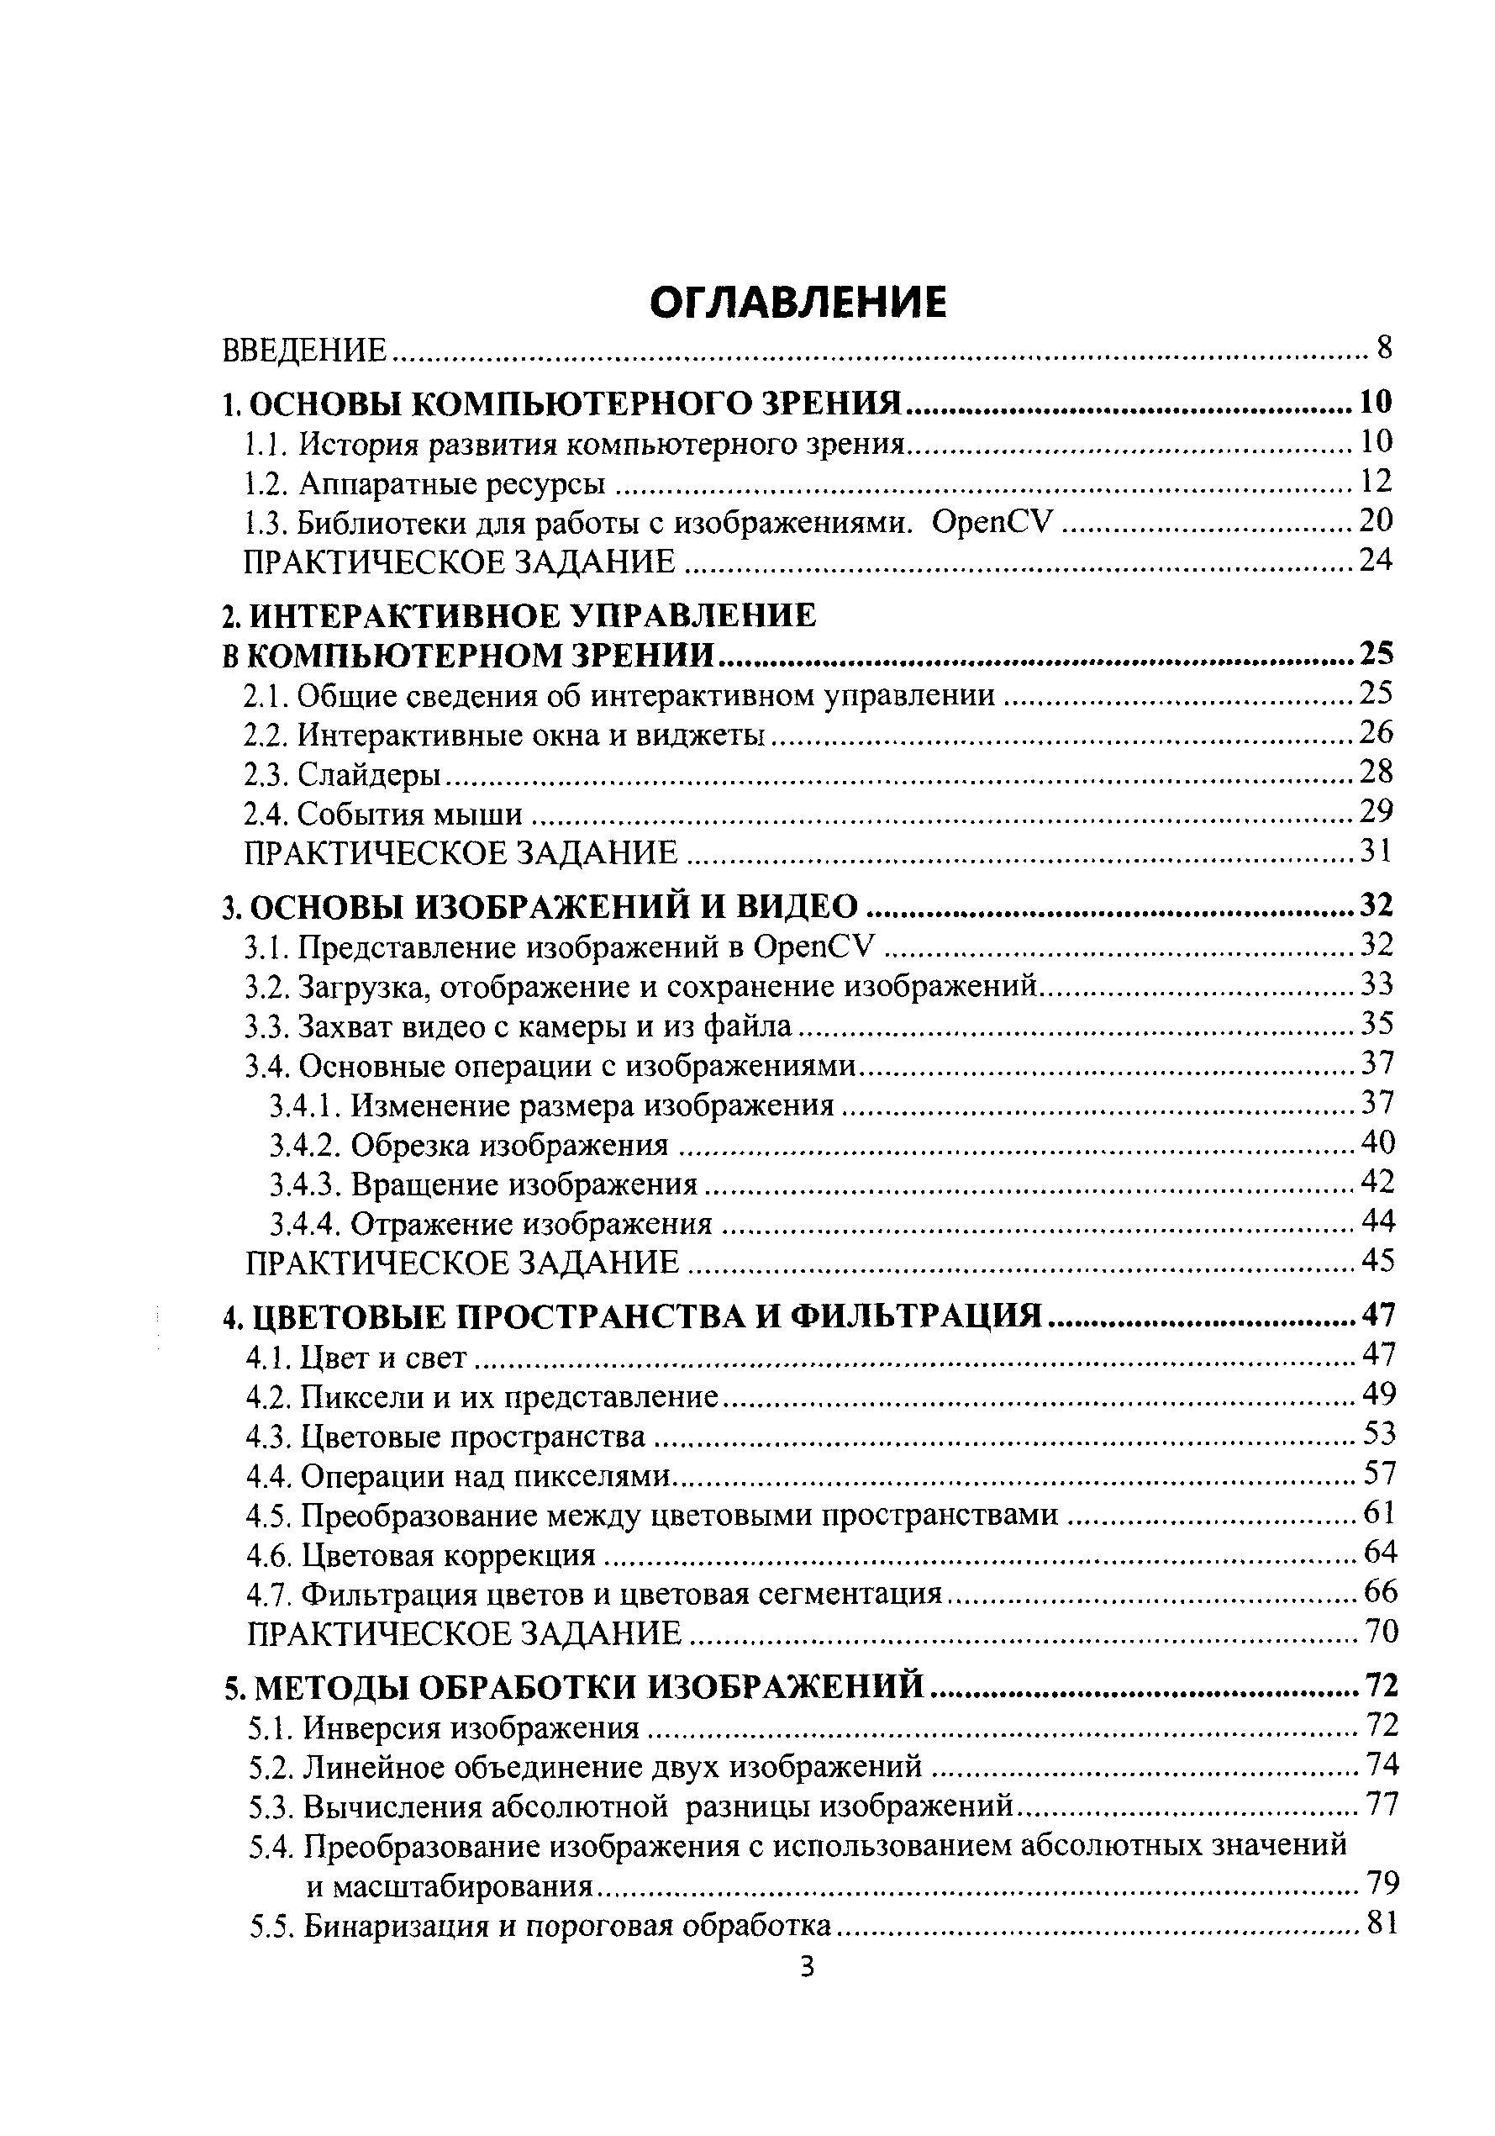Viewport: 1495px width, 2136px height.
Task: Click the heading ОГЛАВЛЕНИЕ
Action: coord(798,303)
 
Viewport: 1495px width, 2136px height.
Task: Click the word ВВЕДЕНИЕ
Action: coord(304,351)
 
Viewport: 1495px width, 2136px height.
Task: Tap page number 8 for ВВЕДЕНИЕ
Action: coord(1384,349)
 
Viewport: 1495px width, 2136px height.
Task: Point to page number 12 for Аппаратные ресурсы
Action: coord(1376,482)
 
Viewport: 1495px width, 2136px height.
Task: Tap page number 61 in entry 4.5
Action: coord(1380,1515)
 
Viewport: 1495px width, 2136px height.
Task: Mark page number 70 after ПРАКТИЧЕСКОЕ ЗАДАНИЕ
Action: coord(1381,1632)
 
